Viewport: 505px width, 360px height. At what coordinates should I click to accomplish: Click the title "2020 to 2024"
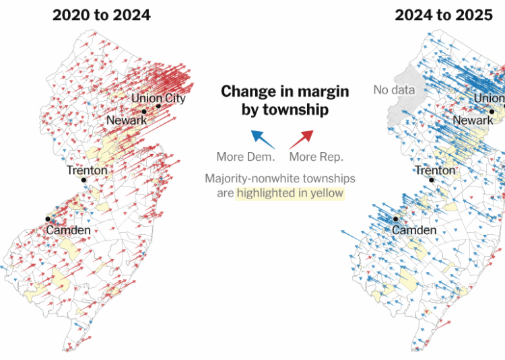tap(102, 15)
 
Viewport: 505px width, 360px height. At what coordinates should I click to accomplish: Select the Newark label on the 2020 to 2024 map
tap(127, 120)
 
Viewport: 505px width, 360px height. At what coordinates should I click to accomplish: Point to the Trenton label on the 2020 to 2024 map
tap(87, 170)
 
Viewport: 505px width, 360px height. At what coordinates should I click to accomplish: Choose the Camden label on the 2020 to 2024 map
tap(68, 230)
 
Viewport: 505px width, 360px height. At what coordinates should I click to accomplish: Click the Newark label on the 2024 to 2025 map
tap(473, 120)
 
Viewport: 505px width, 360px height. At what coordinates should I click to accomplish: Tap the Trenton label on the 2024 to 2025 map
tap(435, 170)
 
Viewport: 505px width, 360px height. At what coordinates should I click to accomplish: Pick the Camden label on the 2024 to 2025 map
tap(414, 230)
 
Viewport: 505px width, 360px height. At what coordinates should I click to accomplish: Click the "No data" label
tap(394, 89)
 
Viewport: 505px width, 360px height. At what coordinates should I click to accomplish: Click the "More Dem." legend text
tap(246, 157)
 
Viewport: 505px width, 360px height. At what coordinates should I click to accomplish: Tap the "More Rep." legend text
tap(316, 157)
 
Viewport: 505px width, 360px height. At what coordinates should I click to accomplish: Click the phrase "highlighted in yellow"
tap(290, 193)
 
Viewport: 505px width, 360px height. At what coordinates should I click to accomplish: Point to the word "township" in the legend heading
tap(296, 108)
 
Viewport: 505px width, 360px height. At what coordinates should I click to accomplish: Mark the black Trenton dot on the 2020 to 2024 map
tap(83, 180)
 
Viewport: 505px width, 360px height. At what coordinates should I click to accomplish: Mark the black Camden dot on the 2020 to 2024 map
tap(48, 219)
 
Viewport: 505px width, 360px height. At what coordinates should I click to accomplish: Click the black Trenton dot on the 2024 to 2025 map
tap(432, 180)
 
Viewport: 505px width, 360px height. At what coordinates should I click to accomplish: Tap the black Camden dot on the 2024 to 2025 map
tap(396, 219)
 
